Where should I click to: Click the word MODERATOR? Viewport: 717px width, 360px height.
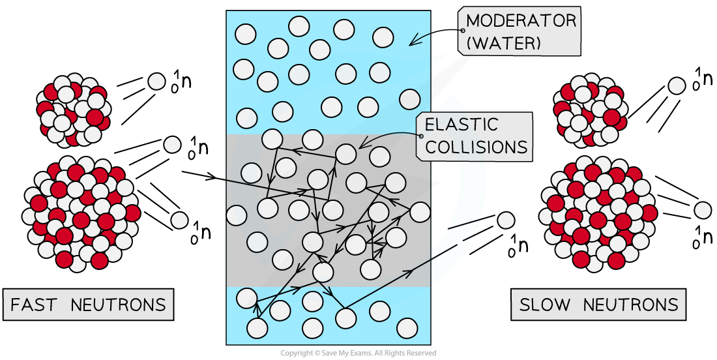pos(521,20)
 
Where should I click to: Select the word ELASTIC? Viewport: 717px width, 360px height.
pos(461,124)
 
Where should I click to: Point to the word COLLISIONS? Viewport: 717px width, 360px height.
pos(476,146)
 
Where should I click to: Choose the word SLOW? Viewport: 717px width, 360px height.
pos(545,305)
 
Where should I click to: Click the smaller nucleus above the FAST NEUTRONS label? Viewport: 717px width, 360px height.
pos(72,112)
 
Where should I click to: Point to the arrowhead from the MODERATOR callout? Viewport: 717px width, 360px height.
pos(412,42)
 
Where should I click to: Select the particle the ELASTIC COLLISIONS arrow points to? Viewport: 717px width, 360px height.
pos(346,154)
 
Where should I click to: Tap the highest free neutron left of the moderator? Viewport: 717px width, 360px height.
pos(156,82)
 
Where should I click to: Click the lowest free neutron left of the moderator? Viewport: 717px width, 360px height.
pos(179,220)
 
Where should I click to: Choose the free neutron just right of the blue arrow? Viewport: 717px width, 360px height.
pos(506,220)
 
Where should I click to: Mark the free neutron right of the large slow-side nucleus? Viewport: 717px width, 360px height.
pos(703,210)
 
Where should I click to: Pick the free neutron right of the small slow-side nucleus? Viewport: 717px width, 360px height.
pos(677,85)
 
